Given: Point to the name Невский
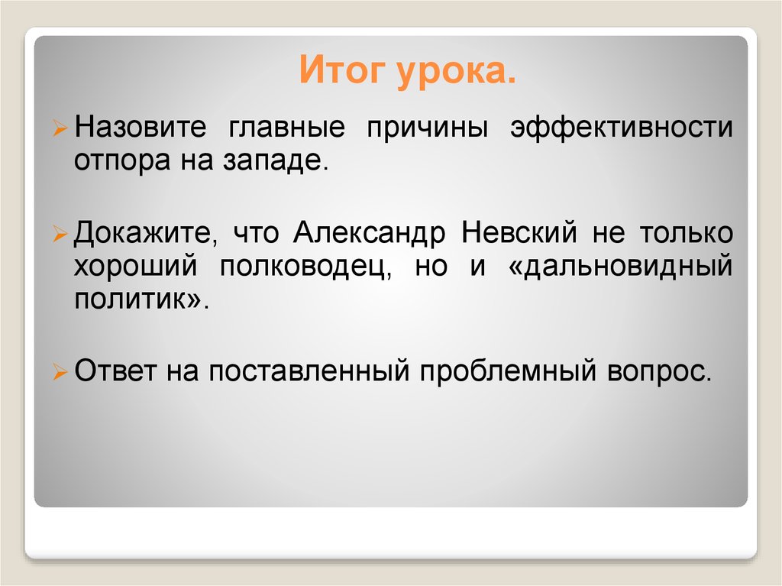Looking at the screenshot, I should pos(516,232).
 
